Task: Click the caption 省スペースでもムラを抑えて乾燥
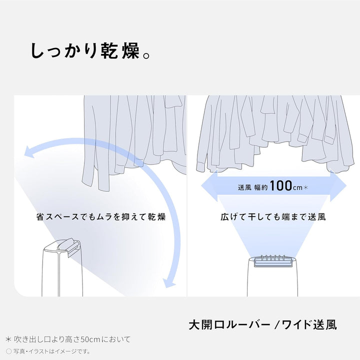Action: tap(100, 217)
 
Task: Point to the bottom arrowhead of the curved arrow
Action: tap(170, 285)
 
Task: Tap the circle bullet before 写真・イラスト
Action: tap(8, 351)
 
